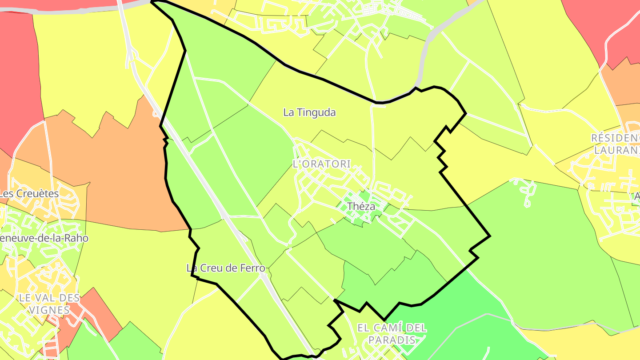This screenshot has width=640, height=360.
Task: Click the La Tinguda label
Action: tap(309, 112)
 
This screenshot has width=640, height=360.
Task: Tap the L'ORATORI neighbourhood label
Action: tap(322, 164)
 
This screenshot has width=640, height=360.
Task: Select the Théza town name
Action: tap(361, 206)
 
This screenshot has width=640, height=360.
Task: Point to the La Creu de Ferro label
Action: tap(226, 268)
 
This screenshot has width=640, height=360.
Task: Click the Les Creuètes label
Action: tap(29, 194)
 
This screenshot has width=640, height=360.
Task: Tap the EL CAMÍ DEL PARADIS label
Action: tap(392, 334)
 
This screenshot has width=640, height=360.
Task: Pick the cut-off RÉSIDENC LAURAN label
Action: tap(615, 144)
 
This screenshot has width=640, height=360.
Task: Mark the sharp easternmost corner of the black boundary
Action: tap(490, 236)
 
